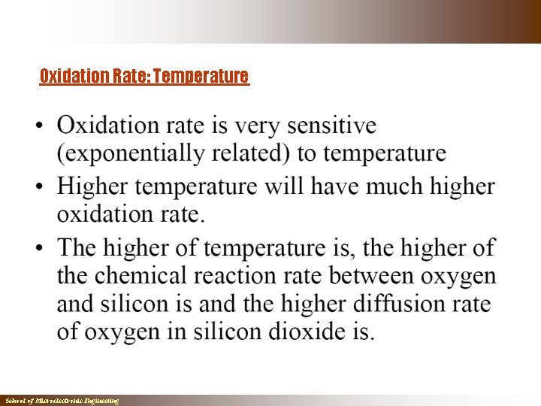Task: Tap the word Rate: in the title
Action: tap(131, 76)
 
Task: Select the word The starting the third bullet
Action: tap(77, 247)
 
